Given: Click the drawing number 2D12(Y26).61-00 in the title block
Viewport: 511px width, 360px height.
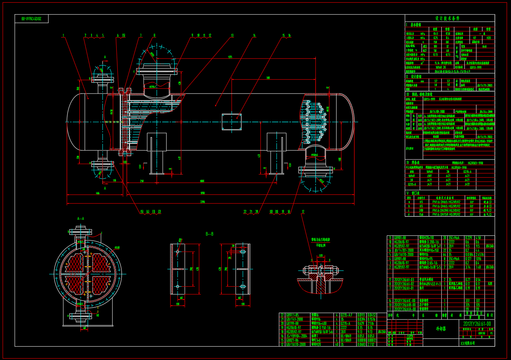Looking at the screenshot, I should pyautogui.click(x=477, y=324).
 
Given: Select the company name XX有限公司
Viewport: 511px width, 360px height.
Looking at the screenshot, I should pyautogui.click(x=467, y=343).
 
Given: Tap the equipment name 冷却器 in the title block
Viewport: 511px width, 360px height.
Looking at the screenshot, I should pyautogui.click(x=441, y=329).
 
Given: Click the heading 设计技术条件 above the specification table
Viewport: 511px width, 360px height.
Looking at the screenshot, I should pyautogui.click(x=447, y=18).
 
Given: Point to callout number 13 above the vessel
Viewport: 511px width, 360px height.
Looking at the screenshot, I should pyautogui.click(x=232, y=36).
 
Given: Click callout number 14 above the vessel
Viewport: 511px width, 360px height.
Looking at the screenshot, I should pyautogui.click(x=254, y=36).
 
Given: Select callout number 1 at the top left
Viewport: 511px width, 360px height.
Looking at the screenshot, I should pyautogui.click(x=63, y=36).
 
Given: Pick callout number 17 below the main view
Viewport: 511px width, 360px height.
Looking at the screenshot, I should pyautogui.click(x=303, y=212).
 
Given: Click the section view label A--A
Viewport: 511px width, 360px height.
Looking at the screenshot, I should pyautogui.click(x=81, y=219).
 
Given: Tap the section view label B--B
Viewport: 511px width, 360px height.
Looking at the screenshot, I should pyautogui.click(x=209, y=234).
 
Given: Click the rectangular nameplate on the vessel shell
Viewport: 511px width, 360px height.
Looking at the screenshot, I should pyautogui.click(x=231, y=122).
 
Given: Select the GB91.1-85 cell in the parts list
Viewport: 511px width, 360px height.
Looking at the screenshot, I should pyautogui.click(x=292, y=315).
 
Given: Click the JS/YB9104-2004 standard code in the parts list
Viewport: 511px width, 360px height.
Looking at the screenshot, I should pyautogui.click(x=297, y=336).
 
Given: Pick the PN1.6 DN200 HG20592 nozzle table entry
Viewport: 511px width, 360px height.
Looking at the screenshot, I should pyautogui.click(x=446, y=210).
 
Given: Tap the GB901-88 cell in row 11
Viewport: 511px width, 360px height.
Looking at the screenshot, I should pyautogui.click(x=400, y=237).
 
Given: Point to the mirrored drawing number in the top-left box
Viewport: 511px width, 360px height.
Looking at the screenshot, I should pyautogui.click(x=31, y=19).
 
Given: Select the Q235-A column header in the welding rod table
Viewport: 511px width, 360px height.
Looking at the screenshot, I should pyautogui.click(x=467, y=172).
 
